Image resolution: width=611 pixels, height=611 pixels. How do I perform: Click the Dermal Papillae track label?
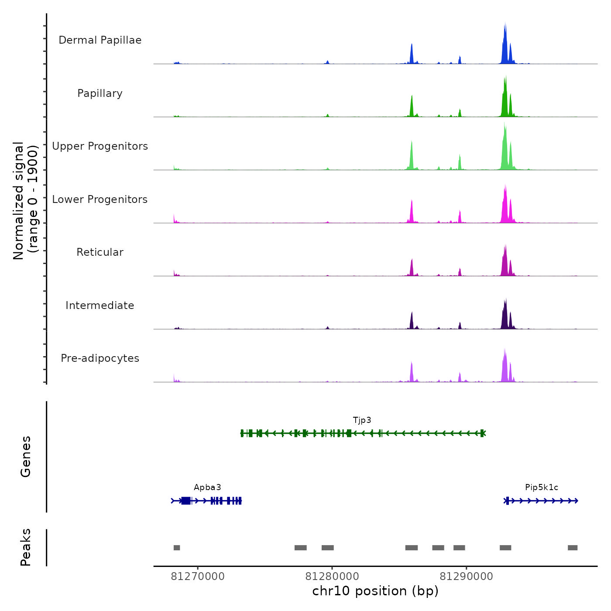[100, 40]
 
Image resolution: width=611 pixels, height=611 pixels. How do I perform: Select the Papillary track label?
[100, 93]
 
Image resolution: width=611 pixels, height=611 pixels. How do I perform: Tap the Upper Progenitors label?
[100, 146]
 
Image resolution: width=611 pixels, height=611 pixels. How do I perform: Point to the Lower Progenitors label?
[100, 199]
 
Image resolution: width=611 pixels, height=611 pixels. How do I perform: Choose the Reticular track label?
[100, 252]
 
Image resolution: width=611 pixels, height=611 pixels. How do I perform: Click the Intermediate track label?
[100, 305]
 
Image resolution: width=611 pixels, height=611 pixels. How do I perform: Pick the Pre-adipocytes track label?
[100, 358]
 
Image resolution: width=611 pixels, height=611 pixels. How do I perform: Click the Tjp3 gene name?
[362, 420]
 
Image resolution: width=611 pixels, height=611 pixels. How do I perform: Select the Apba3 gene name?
[207, 487]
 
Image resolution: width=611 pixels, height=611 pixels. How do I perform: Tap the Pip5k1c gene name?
[542, 487]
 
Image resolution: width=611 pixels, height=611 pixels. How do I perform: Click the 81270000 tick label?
[198, 577]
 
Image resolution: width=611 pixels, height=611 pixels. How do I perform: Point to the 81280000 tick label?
[332, 577]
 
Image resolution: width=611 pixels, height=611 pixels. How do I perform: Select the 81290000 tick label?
[466, 577]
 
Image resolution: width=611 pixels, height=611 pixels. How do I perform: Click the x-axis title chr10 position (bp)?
[375, 591]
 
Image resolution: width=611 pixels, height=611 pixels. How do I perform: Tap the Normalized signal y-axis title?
[25, 200]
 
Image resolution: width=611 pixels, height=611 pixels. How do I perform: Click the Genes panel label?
[26, 457]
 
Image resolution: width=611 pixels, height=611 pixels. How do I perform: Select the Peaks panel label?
[26, 547]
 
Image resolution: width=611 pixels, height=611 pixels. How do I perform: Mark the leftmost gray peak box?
[177, 548]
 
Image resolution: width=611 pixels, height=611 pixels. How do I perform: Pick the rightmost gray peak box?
[573, 548]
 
